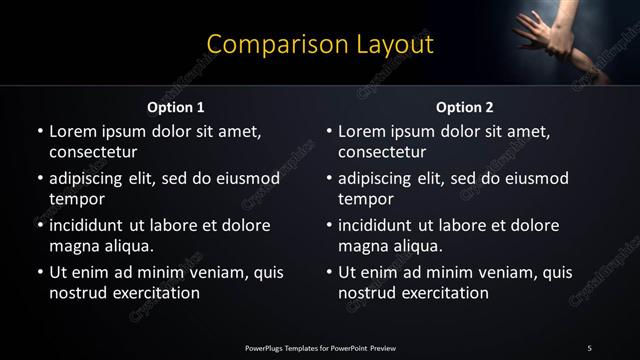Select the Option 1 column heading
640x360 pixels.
[176, 107]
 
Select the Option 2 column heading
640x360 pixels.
[465, 107]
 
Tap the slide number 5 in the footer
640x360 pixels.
[589, 348]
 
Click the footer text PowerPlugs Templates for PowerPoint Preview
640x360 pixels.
[320, 348]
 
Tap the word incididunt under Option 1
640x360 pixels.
[93, 225]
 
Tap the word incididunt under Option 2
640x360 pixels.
[382, 225]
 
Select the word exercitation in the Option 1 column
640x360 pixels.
[155, 293]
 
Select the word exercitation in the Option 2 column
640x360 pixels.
[444, 293]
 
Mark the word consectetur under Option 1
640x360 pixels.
[93, 152]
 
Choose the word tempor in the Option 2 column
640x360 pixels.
[366, 199]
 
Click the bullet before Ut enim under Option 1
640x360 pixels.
[39, 272]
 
